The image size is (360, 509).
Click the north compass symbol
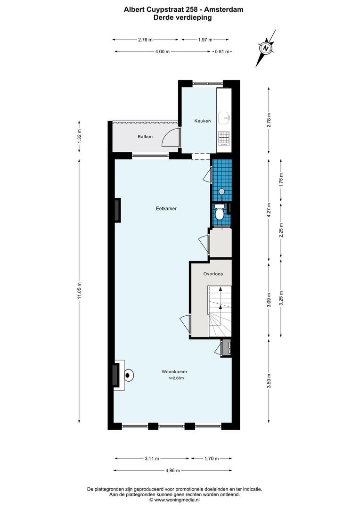tap(266, 48)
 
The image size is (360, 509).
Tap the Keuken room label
tap(202, 121)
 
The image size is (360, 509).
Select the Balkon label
tap(145, 137)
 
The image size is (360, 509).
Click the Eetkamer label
tap(167, 208)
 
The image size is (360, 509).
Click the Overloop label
tap(213, 274)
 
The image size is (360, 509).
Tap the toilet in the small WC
tap(219, 213)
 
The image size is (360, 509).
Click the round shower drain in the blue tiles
tap(221, 191)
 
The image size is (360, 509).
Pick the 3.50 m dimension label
tap(269, 381)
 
